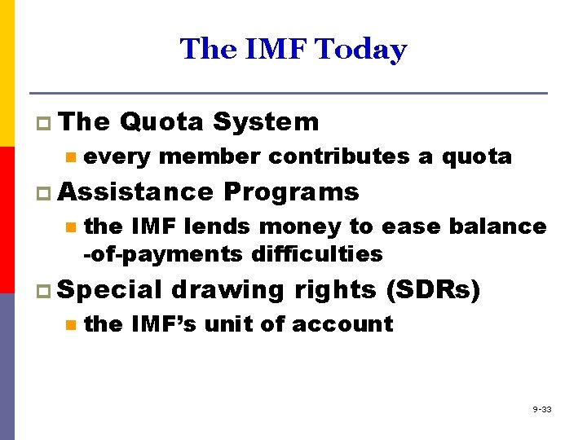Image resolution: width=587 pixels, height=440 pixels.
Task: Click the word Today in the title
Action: (360, 50)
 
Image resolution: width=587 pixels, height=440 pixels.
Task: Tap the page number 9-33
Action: (542, 409)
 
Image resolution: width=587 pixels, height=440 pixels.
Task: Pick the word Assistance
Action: (135, 192)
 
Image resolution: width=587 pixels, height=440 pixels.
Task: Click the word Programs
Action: (291, 192)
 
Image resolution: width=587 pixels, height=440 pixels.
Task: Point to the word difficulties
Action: (314, 254)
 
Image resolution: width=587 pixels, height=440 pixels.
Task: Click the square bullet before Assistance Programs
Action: (43, 193)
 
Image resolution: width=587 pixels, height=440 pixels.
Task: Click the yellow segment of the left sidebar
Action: (7, 73)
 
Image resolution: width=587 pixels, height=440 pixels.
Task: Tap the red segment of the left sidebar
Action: (7, 220)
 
